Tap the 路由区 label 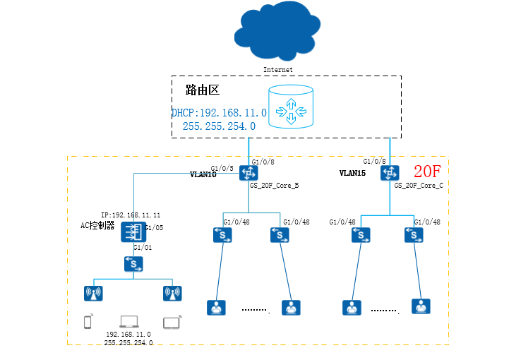click(x=203, y=90)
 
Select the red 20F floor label click(x=428, y=172)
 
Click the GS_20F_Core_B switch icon click(x=248, y=173)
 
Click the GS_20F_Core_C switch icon click(x=389, y=173)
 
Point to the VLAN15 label click(x=352, y=172)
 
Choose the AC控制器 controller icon click(x=132, y=231)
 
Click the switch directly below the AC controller click(x=133, y=264)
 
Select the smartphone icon click(x=88, y=323)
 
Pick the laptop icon click(x=129, y=322)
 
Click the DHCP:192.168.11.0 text click(x=219, y=113)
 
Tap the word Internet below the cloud click(x=277, y=70)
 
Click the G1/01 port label click(x=143, y=248)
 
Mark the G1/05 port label click(x=154, y=228)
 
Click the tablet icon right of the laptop click(x=172, y=323)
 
